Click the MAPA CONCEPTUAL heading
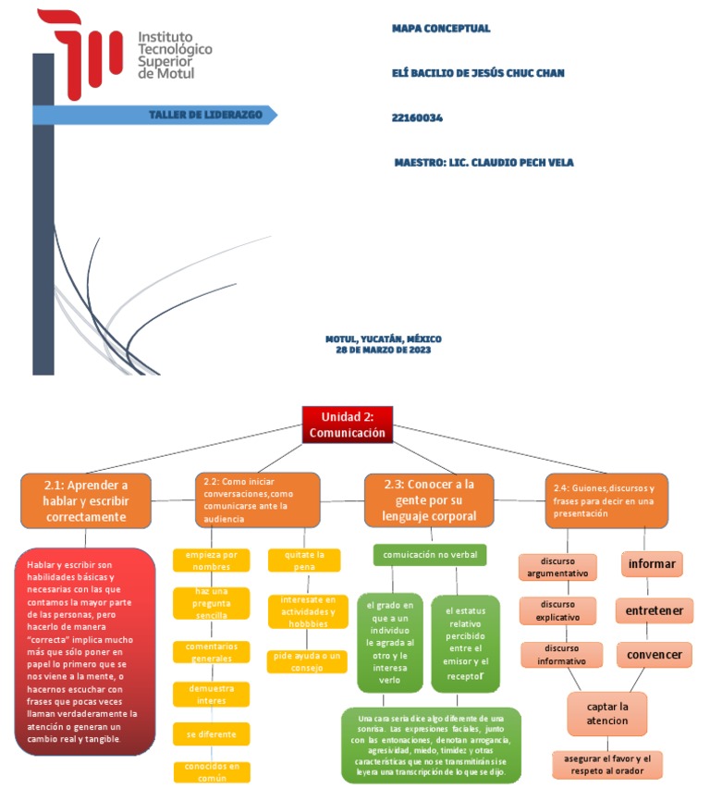pyautogui.click(x=441, y=29)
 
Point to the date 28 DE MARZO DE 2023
pyautogui.click(x=383, y=350)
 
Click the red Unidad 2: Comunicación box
pyautogui.click(x=348, y=424)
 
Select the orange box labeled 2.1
pyautogui.click(x=86, y=500)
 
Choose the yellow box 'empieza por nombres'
pyautogui.click(x=211, y=561)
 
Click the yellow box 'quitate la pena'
pyautogui.click(x=304, y=561)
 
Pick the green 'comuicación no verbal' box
pyautogui.click(x=430, y=554)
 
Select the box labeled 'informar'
pyautogui.click(x=654, y=563)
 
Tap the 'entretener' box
pyautogui.click(x=654, y=610)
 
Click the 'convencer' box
pyautogui.click(x=654, y=655)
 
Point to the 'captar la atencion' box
pyautogui.click(x=606, y=713)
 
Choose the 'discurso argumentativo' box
pyautogui.click(x=557, y=567)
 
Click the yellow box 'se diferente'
pyautogui.click(x=211, y=733)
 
